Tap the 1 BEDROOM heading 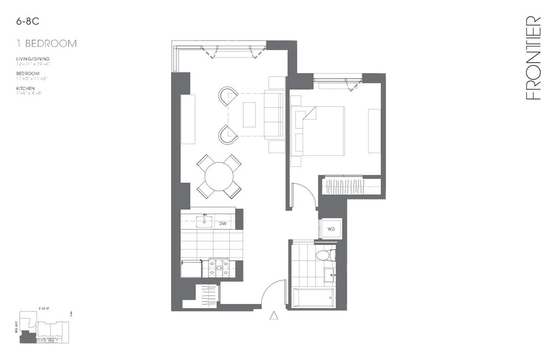click(46, 44)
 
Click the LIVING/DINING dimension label click(32, 59)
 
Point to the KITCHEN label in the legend click(25, 88)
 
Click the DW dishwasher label click(223, 224)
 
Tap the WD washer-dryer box click(331, 229)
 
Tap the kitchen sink click(204, 222)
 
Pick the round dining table click(219, 177)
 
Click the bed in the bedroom click(323, 131)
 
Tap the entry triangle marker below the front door click(274, 315)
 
